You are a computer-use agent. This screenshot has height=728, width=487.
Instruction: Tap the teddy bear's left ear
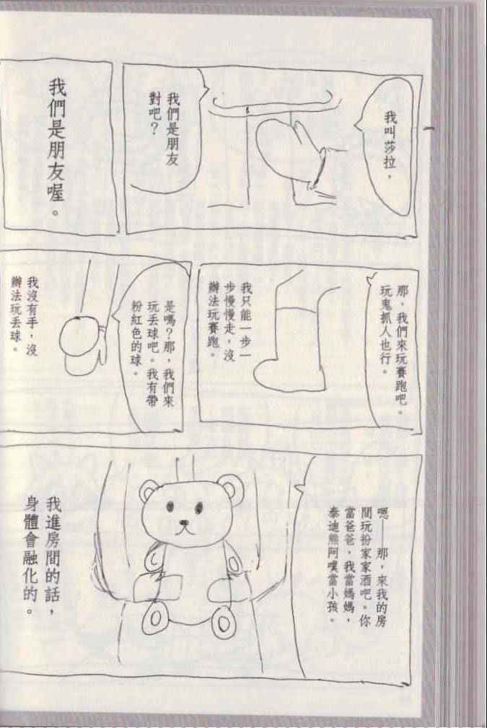pyautogui.click(x=149, y=491)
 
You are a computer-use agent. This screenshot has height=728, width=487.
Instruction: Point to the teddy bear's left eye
pyautogui.click(x=170, y=505)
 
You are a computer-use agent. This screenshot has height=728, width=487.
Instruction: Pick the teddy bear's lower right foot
pyautogui.click(x=223, y=623)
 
